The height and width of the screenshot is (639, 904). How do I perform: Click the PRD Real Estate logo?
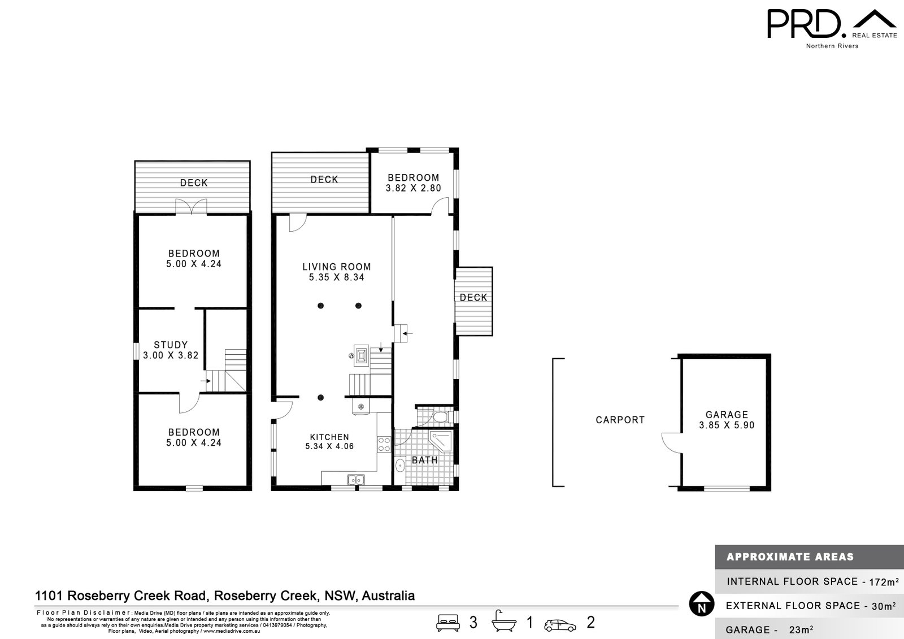tap(831, 27)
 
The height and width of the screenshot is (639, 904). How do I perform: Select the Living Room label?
tap(336, 272)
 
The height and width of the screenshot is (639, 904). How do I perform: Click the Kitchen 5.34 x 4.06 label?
tap(329, 441)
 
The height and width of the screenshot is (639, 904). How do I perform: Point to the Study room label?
tap(171, 350)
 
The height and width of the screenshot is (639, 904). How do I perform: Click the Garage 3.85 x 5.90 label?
tap(727, 420)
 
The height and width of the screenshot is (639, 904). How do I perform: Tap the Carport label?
tap(620, 420)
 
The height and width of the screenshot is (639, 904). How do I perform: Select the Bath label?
tap(424, 460)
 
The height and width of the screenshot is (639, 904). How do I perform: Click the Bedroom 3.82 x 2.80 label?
tap(413, 182)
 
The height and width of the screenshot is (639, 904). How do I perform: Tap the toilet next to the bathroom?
tap(439, 418)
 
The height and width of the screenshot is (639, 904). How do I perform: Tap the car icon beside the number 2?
tap(560, 625)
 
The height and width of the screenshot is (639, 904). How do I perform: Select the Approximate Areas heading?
tap(789, 557)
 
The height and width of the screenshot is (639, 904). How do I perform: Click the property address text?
tap(225, 595)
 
